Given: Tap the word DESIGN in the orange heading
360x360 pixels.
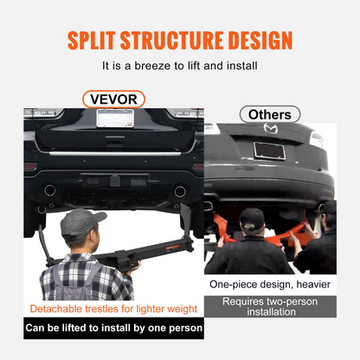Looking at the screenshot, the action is pos(260,41).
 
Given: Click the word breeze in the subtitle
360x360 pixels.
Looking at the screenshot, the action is pos(152,66).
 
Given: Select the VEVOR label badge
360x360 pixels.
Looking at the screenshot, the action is pos(113,100).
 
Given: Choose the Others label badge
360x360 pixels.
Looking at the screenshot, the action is pos(270,114).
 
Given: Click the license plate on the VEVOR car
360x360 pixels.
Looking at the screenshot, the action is pos(115,118).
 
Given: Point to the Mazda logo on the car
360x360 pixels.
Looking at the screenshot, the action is pos(271,128).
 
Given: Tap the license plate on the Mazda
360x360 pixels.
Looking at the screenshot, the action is pos(269,151).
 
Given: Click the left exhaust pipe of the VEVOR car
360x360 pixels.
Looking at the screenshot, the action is pos(50,190).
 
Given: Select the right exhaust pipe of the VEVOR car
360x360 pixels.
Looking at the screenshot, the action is pos(180,191).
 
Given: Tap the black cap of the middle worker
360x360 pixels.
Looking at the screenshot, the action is pos(253,218).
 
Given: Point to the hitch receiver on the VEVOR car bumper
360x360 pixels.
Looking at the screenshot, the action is pos(115,182).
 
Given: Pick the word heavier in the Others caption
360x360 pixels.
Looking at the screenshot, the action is pos(313,285).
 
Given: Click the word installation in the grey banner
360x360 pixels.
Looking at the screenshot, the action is pos(271,312).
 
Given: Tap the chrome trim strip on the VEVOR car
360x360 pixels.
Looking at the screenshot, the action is pos(115,153).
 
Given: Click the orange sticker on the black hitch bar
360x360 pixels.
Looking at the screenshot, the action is pos(172,247).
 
